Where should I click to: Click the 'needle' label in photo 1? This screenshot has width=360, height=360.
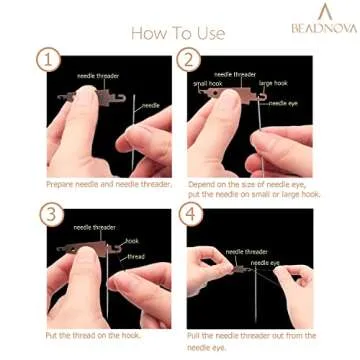click(x=149, y=104)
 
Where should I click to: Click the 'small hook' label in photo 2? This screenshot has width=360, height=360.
click(x=207, y=82)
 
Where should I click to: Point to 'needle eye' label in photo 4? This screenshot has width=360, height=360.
click(x=265, y=262)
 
